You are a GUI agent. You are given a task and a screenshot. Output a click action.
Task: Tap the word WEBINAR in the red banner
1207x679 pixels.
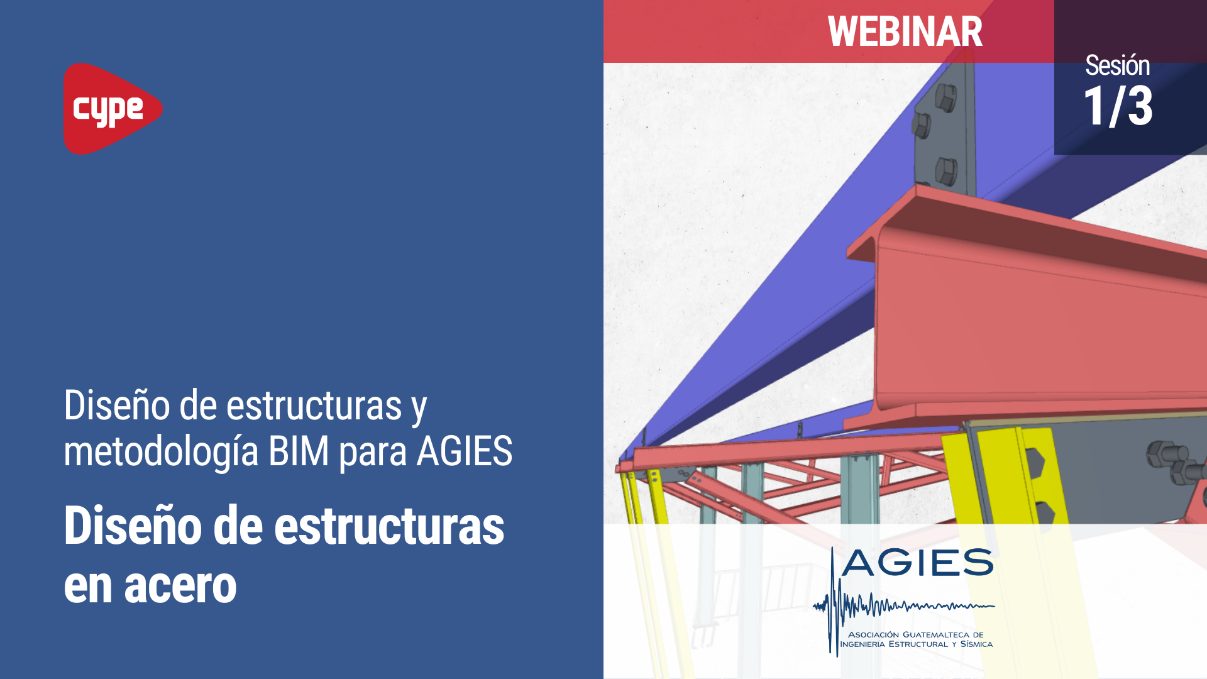[905, 31]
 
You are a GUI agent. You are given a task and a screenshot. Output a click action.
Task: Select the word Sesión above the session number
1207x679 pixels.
[1117, 65]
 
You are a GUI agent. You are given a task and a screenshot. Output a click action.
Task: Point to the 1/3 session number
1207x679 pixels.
[1118, 106]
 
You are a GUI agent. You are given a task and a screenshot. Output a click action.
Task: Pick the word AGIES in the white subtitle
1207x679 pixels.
[465, 451]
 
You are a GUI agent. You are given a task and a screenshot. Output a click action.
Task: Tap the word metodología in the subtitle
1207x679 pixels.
[161, 452]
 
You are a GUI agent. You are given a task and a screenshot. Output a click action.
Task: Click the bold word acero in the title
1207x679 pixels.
[180, 586]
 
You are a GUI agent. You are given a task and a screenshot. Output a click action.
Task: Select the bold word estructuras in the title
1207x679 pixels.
[389, 526]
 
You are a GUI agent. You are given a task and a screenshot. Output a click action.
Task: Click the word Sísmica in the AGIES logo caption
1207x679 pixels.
[976, 644]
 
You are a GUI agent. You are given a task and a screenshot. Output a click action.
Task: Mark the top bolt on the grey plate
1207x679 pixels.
[945, 97]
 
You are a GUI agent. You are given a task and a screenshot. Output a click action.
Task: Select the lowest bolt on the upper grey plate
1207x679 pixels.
[945, 170]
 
